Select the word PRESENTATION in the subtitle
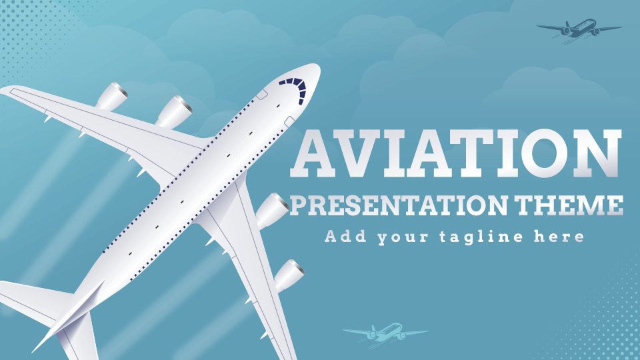(387, 205)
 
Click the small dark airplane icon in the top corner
(578, 29)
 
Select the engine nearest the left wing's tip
(112, 97)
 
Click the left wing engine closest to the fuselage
(174, 111)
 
